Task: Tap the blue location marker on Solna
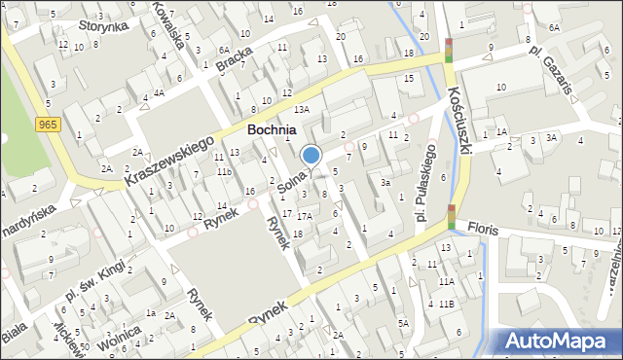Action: click(x=311, y=155)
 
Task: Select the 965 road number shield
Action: click(x=47, y=125)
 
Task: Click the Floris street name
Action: click(x=482, y=230)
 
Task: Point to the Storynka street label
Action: click(x=104, y=26)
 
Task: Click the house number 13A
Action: click(x=303, y=110)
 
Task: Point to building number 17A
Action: click(x=305, y=216)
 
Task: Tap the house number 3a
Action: click(x=385, y=182)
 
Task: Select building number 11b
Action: click(x=224, y=171)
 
